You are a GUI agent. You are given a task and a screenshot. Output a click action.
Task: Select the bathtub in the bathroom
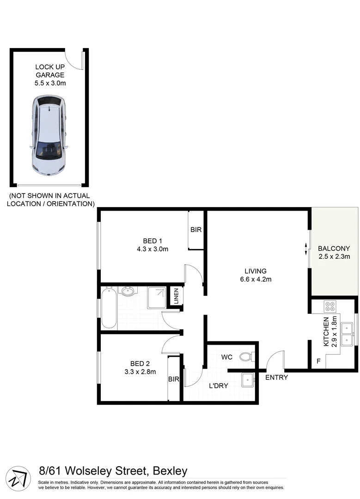pyautogui.click(x=109, y=307)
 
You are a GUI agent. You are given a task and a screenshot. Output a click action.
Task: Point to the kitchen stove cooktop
pyautogui.click(x=317, y=305)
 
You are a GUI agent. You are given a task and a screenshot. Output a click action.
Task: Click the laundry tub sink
pyautogui.click(x=248, y=380)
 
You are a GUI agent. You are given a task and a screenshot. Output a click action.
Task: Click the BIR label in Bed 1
pyautogui.click(x=196, y=230)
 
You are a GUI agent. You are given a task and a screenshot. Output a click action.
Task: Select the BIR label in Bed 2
pyautogui.click(x=173, y=379)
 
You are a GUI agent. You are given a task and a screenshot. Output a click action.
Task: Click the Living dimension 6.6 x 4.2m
pyautogui.click(x=250, y=279)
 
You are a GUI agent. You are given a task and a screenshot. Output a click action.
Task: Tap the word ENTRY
pyautogui.click(x=276, y=377)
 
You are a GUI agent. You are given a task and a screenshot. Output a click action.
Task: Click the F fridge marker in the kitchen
pyautogui.click(x=317, y=361)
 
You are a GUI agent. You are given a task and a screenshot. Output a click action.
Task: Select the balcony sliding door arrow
pyautogui.click(x=305, y=249)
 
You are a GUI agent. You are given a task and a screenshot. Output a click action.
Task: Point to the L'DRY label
pyautogui.click(x=219, y=386)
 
